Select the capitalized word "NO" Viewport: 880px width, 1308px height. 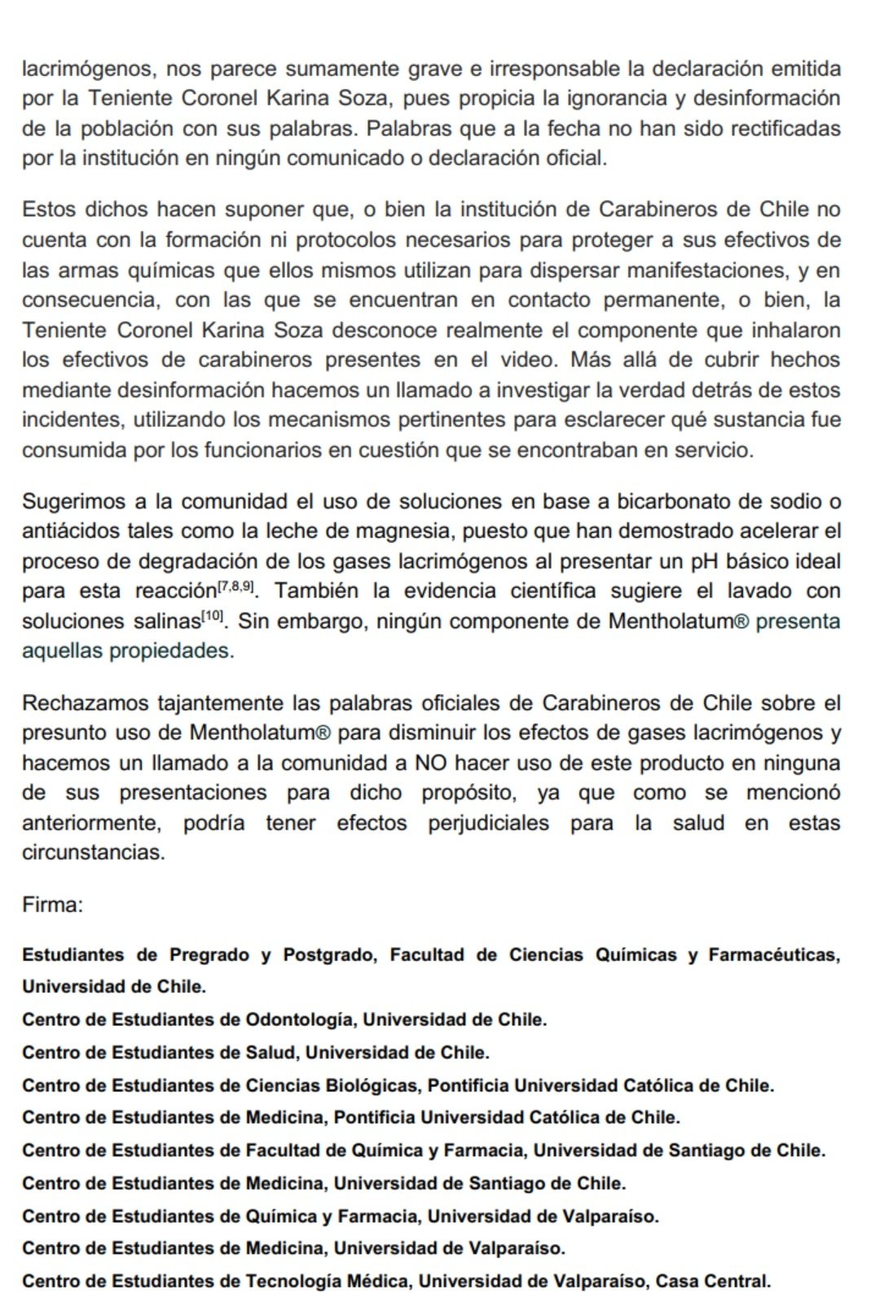pyautogui.click(x=430, y=763)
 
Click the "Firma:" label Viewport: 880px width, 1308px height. pyautogui.click(x=53, y=905)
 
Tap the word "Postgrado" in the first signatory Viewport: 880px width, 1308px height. pyautogui.click(x=329, y=954)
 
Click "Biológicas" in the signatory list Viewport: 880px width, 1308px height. pyautogui.click(x=372, y=1086)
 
